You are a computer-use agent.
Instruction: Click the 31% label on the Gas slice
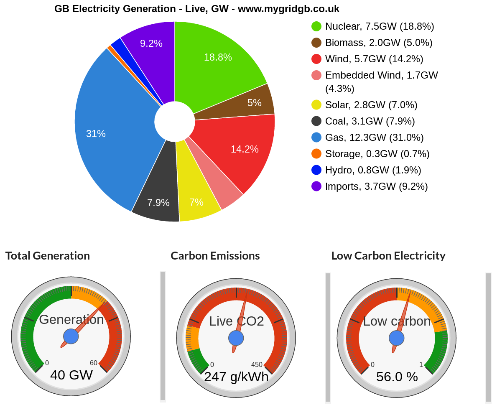pyautogui.click(x=96, y=134)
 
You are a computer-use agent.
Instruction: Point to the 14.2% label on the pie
pyautogui.click(x=245, y=149)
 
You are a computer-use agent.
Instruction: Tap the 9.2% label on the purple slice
pyautogui.click(x=151, y=43)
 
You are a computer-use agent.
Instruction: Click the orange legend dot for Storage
pyautogui.click(x=316, y=154)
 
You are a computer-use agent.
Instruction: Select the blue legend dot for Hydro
pyautogui.click(x=316, y=170)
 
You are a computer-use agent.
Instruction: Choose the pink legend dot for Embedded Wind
pyautogui.click(x=316, y=75)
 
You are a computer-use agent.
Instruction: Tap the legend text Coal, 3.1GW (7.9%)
pyautogui.click(x=370, y=121)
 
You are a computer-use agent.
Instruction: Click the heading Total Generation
pyautogui.click(x=48, y=256)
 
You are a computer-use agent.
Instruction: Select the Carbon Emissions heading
pyautogui.click(x=215, y=256)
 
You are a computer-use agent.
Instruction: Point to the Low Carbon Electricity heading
pyautogui.click(x=388, y=256)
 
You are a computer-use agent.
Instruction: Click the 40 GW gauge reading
pyautogui.click(x=71, y=375)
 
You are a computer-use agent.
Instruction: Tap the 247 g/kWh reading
pyautogui.click(x=236, y=377)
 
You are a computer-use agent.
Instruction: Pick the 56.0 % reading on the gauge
pyautogui.click(x=397, y=377)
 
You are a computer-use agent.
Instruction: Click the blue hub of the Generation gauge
pyautogui.click(x=71, y=336)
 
